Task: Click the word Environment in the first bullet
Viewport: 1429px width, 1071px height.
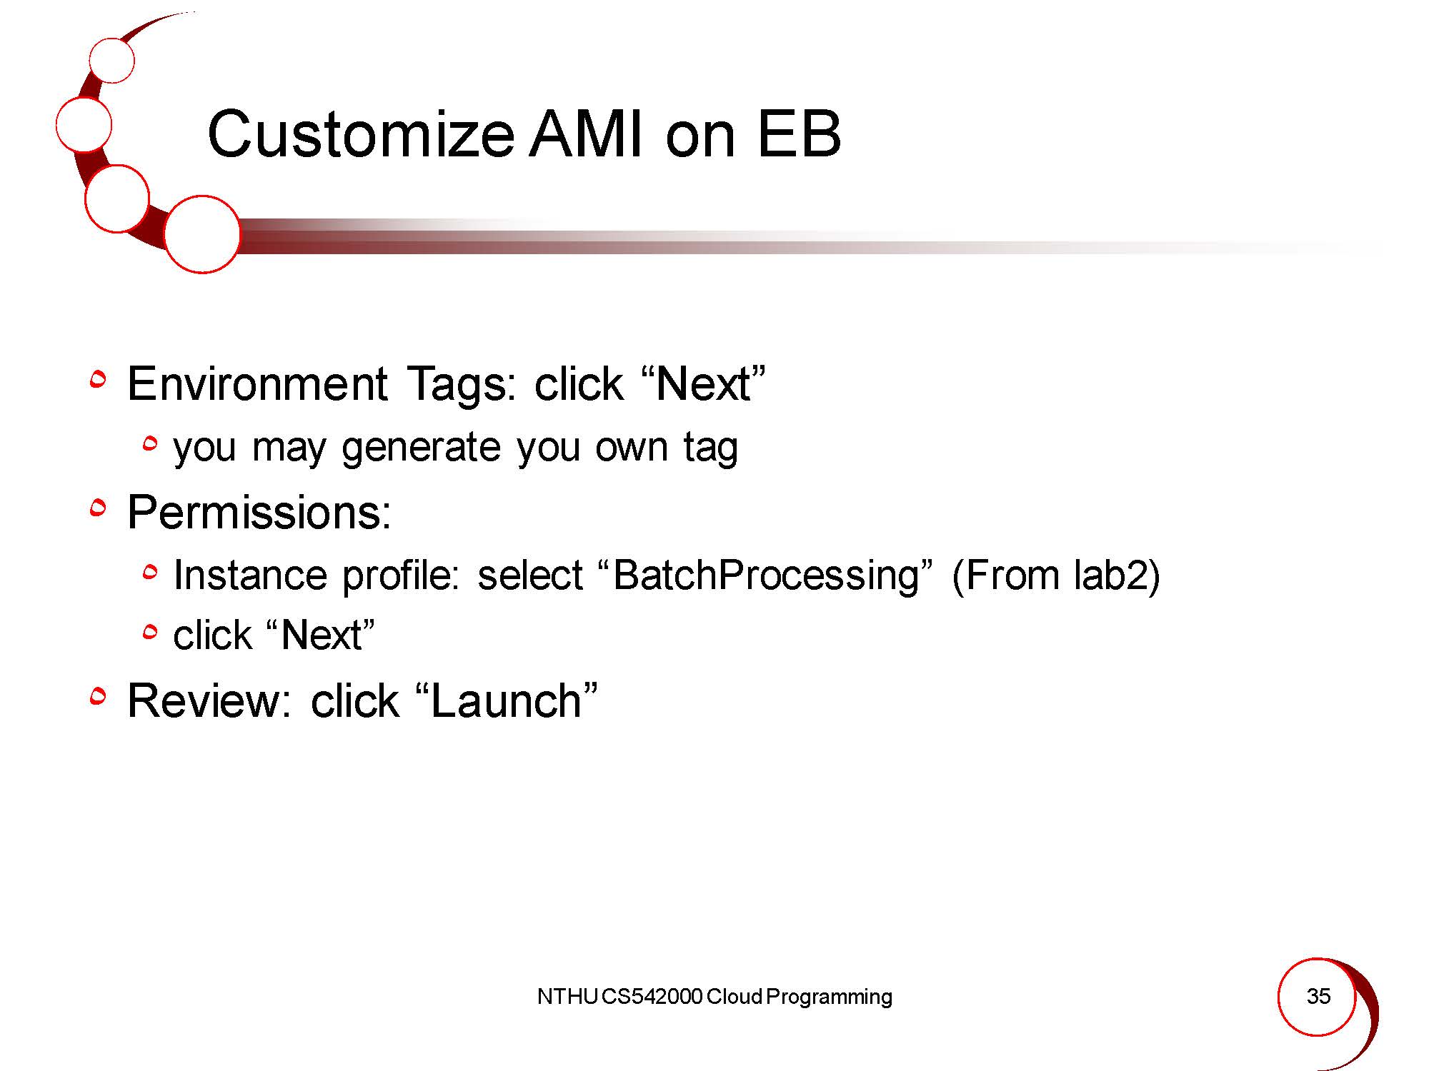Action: coord(257,384)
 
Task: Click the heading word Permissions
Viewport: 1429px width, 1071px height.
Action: coord(259,512)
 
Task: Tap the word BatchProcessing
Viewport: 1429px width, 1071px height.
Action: coord(766,575)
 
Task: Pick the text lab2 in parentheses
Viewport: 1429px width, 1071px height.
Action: coord(1110,574)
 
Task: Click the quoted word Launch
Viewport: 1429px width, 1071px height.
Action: coord(506,700)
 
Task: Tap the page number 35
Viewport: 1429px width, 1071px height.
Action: coord(1318,996)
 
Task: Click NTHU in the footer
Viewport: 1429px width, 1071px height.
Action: coord(567,997)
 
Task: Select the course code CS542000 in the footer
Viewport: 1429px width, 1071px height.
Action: coord(652,997)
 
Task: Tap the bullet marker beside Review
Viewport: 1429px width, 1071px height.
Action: coord(98,696)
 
